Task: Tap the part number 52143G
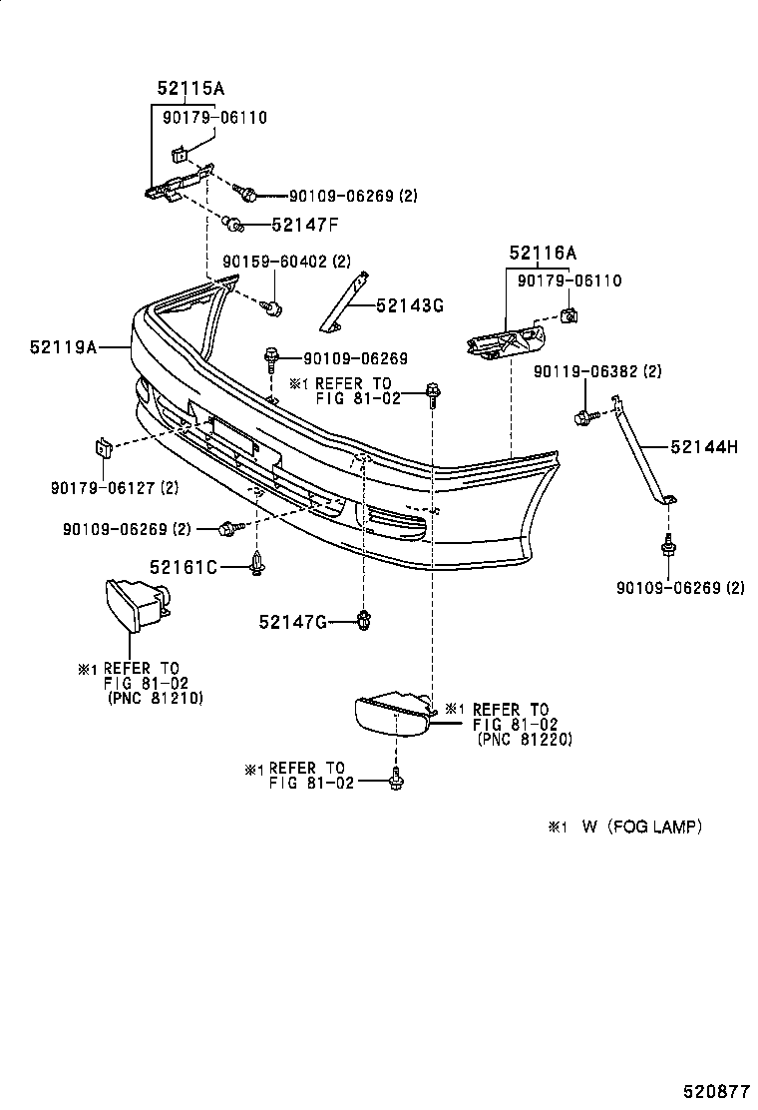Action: (x=410, y=305)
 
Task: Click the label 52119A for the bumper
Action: (x=63, y=347)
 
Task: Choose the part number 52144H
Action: (x=704, y=447)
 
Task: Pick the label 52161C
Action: (x=184, y=567)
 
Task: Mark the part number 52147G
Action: (x=293, y=622)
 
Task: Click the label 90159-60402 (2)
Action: (x=287, y=262)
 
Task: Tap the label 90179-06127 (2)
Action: (x=115, y=488)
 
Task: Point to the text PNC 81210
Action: (x=155, y=699)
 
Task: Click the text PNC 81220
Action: (x=525, y=740)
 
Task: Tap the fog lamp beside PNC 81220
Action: (x=392, y=716)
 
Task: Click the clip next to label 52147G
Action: (x=365, y=622)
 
